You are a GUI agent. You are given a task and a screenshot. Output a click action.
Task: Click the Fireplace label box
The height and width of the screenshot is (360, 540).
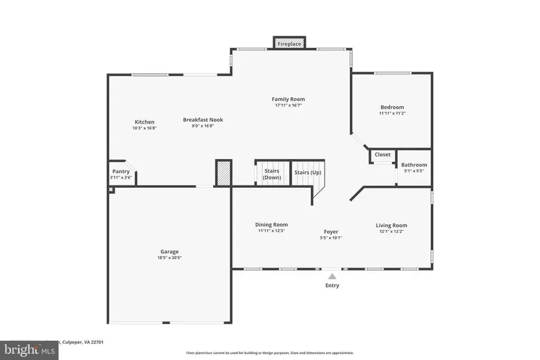290,44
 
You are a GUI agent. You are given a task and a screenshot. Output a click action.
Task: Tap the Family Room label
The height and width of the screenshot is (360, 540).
288,99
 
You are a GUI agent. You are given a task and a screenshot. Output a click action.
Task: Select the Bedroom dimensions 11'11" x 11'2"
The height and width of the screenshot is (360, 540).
391,113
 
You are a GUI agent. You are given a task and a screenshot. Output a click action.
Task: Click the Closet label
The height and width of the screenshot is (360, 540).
382,155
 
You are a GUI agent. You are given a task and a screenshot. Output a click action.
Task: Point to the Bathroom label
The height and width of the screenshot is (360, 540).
414,165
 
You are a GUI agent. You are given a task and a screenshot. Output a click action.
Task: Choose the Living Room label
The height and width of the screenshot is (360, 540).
391,226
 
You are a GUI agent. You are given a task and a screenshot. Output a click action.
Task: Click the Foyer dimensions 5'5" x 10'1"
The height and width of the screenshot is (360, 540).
331,238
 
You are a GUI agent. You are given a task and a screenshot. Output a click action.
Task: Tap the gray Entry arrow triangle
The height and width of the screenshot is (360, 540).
332,276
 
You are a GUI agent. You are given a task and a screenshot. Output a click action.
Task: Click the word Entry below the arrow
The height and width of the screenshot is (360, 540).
332,286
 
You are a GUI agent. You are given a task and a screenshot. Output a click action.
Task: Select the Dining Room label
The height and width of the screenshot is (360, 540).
271,225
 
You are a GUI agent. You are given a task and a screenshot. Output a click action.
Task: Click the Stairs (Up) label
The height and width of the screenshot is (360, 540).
307,173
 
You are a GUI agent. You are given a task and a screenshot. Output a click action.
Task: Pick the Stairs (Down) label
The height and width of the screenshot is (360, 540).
272,174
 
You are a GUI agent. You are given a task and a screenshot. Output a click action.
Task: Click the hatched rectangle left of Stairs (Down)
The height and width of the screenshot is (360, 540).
223,173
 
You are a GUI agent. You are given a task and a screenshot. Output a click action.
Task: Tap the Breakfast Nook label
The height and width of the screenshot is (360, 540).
203,120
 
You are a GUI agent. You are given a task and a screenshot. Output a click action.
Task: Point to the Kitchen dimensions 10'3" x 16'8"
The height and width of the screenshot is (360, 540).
144,128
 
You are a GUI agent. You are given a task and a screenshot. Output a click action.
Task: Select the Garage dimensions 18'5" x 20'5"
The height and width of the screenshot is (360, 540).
169,258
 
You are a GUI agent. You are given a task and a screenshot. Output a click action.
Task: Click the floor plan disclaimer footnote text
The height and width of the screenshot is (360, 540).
269,353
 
